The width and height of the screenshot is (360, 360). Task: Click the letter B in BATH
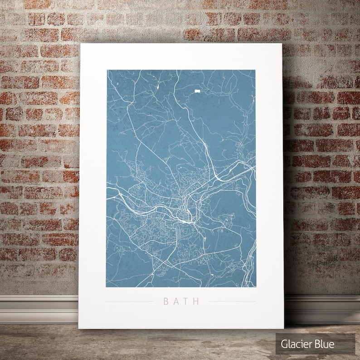click(165, 301)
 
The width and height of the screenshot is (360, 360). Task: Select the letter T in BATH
click(186, 301)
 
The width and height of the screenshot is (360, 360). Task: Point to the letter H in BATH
click(196, 301)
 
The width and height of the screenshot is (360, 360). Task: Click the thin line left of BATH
click(129, 301)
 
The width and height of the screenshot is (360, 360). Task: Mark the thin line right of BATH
click(232, 301)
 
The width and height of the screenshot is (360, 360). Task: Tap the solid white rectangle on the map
click(197, 91)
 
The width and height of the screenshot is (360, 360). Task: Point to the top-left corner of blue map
click(107, 70)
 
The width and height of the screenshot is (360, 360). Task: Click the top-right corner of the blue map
click(255, 70)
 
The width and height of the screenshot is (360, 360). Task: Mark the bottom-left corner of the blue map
click(107, 287)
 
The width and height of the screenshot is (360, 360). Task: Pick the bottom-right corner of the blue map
click(256, 287)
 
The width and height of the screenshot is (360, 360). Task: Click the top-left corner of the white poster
click(81, 44)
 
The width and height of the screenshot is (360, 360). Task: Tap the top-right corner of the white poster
click(282, 44)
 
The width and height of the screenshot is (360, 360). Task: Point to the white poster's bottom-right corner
click(284, 328)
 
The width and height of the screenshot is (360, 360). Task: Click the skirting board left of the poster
click(39, 308)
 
